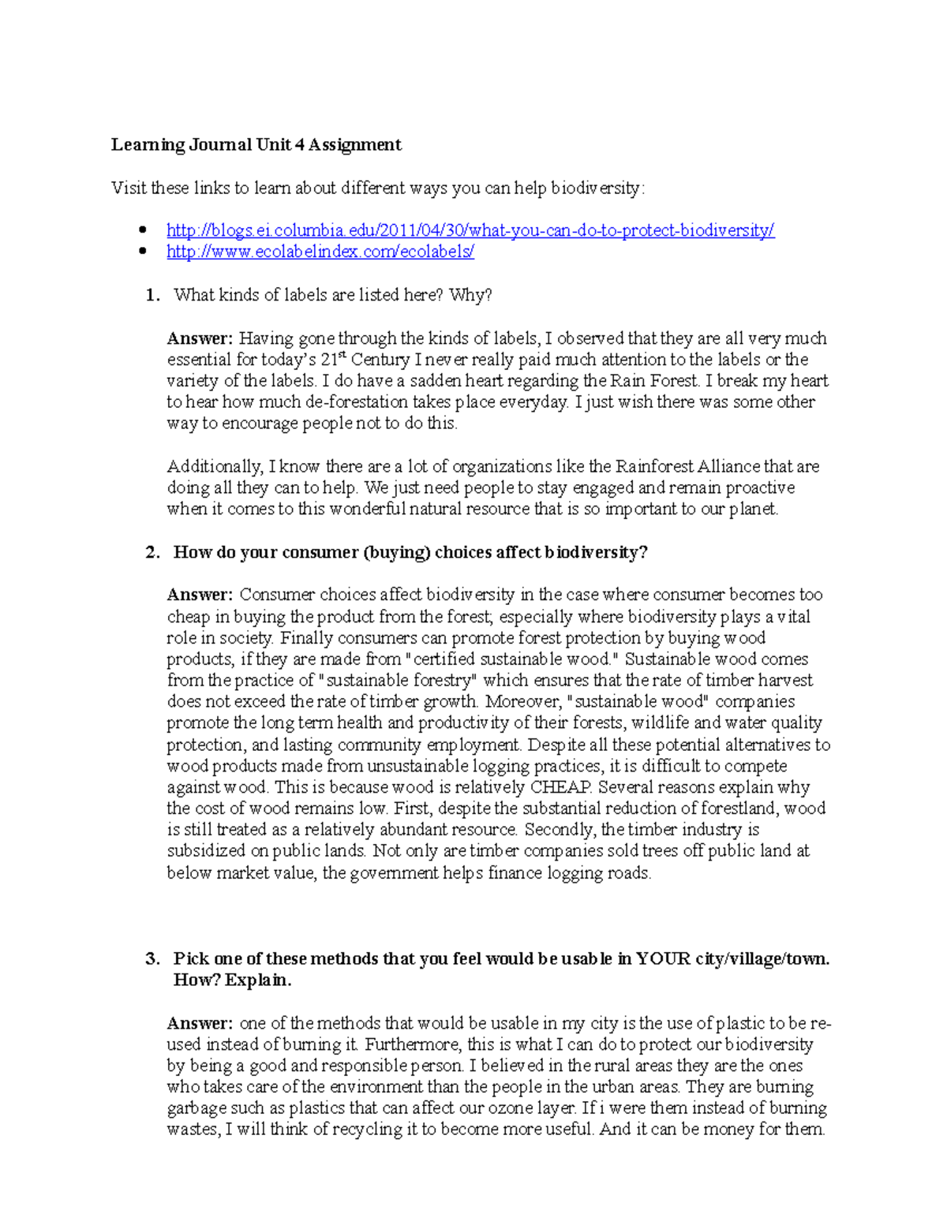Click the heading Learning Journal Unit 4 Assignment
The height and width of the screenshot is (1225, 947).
click(256, 144)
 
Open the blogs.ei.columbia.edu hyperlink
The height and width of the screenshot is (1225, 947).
click(470, 230)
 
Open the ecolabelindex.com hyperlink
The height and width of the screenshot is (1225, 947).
click(320, 252)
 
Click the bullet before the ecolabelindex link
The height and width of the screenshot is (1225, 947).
click(143, 252)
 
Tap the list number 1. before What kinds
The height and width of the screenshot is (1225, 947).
click(152, 295)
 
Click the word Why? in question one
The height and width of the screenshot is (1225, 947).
click(470, 295)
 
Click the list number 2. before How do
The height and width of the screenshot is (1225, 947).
click(152, 552)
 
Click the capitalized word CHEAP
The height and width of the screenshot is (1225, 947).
click(560, 787)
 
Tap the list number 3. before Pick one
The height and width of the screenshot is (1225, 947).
click(152, 959)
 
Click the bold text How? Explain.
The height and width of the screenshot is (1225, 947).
click(232, 980)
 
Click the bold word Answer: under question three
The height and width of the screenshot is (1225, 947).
click(200, 1024)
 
